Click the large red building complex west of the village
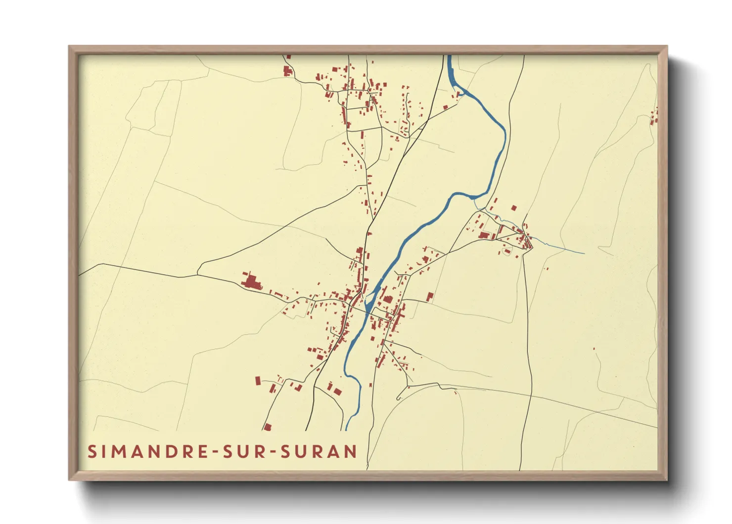coord(251,282)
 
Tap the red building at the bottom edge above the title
coord(268,426)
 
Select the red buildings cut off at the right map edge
coord(655,116)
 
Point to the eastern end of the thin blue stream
coord(584,253)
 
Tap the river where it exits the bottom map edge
coord(348,428)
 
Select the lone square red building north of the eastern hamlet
coord(513,208)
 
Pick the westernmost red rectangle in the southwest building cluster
coord(258,380)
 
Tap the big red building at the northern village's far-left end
coord(287,70)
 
